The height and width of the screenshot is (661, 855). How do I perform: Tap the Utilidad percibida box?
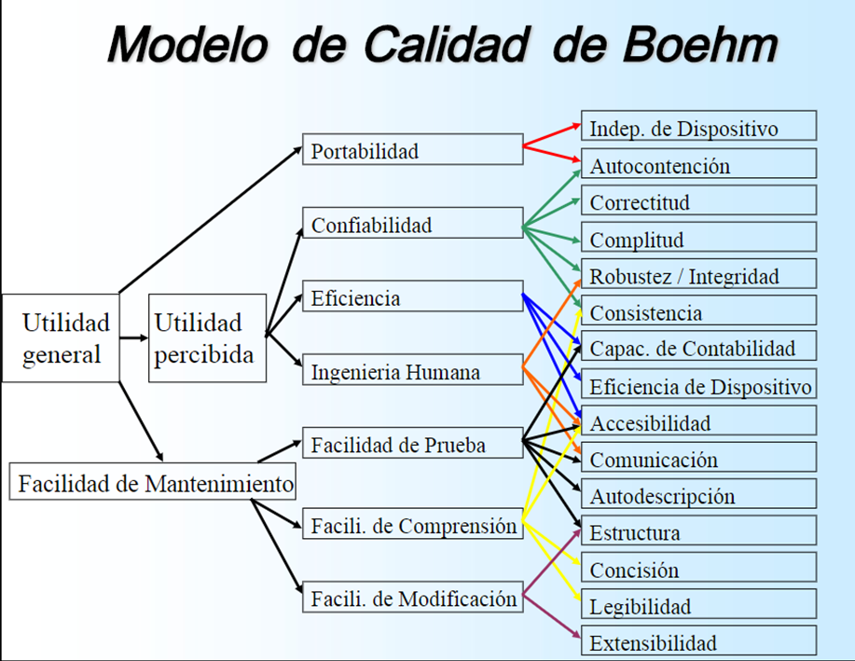(207, 338)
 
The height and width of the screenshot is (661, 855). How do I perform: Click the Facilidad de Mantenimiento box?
(154, 485)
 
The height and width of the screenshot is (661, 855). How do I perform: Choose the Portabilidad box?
(412, 150)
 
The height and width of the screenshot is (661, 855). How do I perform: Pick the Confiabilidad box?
(412, 224)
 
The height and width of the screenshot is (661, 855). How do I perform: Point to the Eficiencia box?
(412, 298)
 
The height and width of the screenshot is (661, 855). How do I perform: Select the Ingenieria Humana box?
(412, 372)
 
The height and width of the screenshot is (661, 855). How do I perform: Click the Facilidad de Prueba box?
(412, 445)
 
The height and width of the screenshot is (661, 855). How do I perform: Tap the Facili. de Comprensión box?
(412, 526)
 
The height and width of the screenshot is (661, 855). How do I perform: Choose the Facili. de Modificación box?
(412, 598)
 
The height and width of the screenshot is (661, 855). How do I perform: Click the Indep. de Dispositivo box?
(698, 127)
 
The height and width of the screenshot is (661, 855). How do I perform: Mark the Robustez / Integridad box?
(698, 275)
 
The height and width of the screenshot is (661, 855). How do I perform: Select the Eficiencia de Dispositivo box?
(698, 384)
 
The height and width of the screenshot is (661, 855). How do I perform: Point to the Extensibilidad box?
(698, 641)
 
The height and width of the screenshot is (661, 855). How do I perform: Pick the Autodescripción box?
(698, 495)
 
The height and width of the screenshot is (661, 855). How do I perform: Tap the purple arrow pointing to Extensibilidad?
(552, 616)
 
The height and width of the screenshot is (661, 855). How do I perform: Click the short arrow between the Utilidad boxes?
(134, 337)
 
